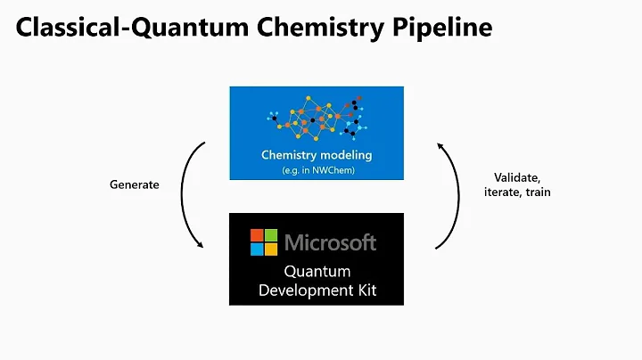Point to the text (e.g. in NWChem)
tap(316, 168)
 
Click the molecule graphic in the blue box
tap(317, 117)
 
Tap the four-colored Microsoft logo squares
tap(264, 241)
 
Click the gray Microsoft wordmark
tap(330, 241)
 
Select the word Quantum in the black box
tap(317, 271)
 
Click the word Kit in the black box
tap(364, 289)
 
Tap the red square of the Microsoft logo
tap(257, 235)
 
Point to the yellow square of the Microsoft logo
tap(270, 249)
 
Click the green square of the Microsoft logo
tap(270, 235)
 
